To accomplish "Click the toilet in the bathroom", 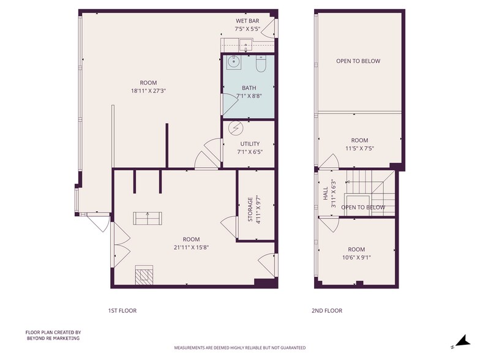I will point(260,64).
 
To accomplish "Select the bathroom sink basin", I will point(233,62).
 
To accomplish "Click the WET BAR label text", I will point(247,21).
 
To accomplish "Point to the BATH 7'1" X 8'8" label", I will point(249,91).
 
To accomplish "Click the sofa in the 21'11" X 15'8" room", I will point(148,217).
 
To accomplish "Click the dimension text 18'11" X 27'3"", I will point(148,91).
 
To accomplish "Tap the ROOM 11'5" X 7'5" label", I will point(359,144).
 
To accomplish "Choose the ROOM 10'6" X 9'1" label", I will point(356,253).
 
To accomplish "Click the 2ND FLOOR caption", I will point(326,310).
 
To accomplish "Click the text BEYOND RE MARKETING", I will point(53,338).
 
